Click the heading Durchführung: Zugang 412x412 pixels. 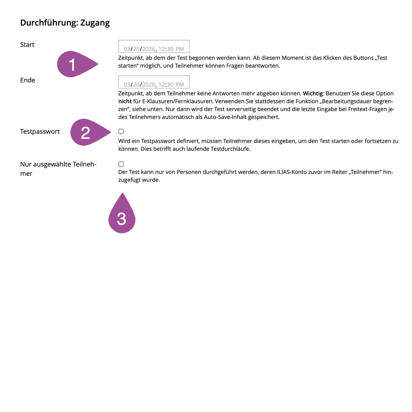point(65,23)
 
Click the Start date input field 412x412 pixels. point(154,47)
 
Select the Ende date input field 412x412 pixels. point(154,82)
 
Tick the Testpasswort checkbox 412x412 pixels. point(121,132)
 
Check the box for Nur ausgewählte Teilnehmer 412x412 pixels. point(121,164)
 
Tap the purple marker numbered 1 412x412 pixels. point(75,64)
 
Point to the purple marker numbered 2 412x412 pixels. point(87,132)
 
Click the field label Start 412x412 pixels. point(27,45)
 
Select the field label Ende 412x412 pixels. point(28,80)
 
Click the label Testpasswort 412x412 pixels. point(40,132)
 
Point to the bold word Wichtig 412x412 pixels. point(313,93)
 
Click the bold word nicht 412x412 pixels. point(125,101)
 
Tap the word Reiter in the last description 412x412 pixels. point(340,172)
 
